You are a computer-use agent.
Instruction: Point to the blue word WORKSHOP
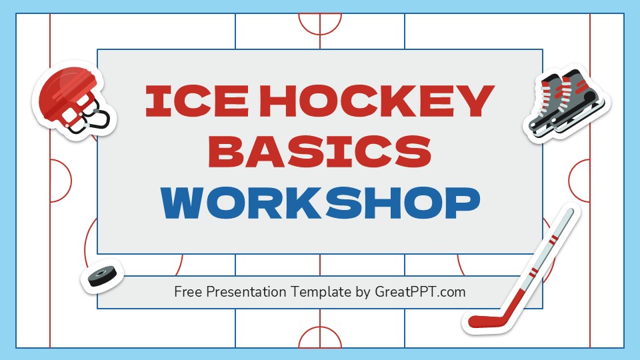pyautogui.click(x=321, y=202)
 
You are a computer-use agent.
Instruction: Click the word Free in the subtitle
pyautogui.click(x=189, y=292)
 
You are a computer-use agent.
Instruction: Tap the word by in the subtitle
pyautogui.click(x=362, y=292)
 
